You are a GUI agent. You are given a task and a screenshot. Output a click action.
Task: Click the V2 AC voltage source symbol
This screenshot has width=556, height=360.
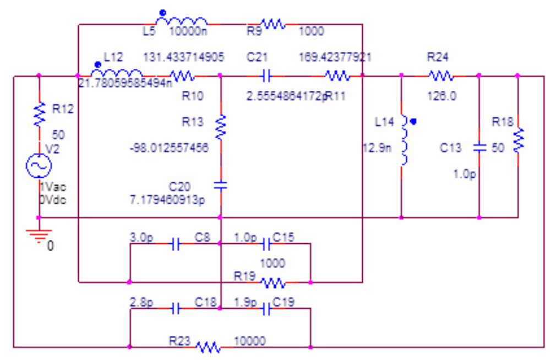pyautogui.click(x=39, y=166)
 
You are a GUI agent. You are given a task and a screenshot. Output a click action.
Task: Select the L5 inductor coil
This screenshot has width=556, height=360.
pyautogui.click(x=182, y=21)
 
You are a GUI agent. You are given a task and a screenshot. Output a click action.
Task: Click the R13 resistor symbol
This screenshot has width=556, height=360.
pyautogui.click(x=220, y=127)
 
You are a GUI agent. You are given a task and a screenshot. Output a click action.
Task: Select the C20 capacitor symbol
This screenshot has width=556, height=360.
pyautogui.click(x=220, y=185)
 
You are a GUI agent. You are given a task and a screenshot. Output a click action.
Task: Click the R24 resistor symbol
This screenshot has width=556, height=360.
pyautogui.click(x=440, y=75)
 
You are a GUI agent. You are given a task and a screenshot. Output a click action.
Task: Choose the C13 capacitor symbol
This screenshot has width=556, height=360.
pyautogui.click(x=479, y=148)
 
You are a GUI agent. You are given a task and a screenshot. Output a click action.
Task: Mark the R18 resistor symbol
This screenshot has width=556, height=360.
pyautogui.click(x=518, y=140)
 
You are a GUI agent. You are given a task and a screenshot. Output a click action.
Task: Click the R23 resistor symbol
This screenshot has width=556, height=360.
pyautogui.click(x=208, y=347)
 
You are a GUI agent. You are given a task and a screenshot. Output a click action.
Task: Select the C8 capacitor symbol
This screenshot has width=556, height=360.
pyautogui.click(x=176, y=244)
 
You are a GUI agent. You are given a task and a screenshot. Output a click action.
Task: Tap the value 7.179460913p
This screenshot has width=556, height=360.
pyautogui.click(x=166, y=199)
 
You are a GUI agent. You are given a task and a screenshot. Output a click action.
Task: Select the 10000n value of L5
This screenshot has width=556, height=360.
pyautogui.click(x=188, y=31)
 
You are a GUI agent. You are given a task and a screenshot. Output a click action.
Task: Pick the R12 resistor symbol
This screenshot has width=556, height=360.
pyautogui.click(x=39, y=114)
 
